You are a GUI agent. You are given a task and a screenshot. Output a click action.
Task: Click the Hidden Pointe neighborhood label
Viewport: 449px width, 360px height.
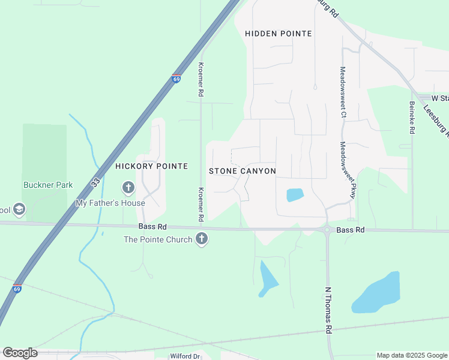[x=279, y=34]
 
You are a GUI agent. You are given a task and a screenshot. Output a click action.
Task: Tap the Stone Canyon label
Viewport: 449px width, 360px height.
[x=243, y=171]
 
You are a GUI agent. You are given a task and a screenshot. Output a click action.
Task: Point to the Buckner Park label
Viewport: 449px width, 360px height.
[x=48, y=185]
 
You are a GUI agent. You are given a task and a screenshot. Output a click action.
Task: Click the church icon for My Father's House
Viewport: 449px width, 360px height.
[x=128, y=188]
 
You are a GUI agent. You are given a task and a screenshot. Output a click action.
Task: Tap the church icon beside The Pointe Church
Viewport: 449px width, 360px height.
[x=202, y=239]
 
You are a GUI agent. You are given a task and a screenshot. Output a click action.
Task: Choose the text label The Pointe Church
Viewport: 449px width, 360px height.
[x=158, y=240]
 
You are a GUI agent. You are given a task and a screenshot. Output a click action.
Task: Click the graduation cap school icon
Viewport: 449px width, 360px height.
[x=19, y=209]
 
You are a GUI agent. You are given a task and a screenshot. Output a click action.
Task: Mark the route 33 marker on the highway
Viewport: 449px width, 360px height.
[x=95, y=181]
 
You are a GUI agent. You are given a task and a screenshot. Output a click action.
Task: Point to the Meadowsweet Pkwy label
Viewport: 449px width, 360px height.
[x=348, y=170]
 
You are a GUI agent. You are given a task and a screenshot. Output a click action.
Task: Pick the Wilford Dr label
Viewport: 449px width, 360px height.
[x=184, y=356]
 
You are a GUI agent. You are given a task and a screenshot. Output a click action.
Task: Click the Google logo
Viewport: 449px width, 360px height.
[x=20, y=353]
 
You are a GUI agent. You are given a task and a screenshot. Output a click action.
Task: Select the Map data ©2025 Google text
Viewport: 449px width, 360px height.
[x=412, y=355]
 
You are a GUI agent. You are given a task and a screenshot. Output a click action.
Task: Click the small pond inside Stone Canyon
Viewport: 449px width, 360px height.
[x=295, y=195]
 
